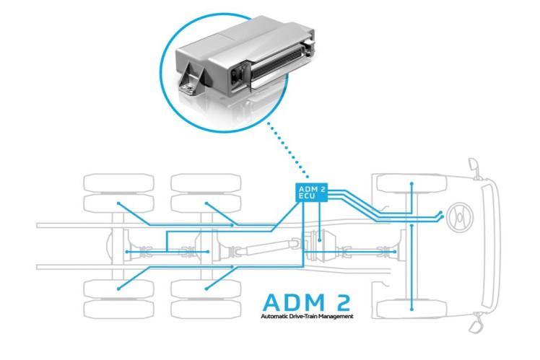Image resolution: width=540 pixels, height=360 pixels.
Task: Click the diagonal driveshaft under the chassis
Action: coord(263,247)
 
